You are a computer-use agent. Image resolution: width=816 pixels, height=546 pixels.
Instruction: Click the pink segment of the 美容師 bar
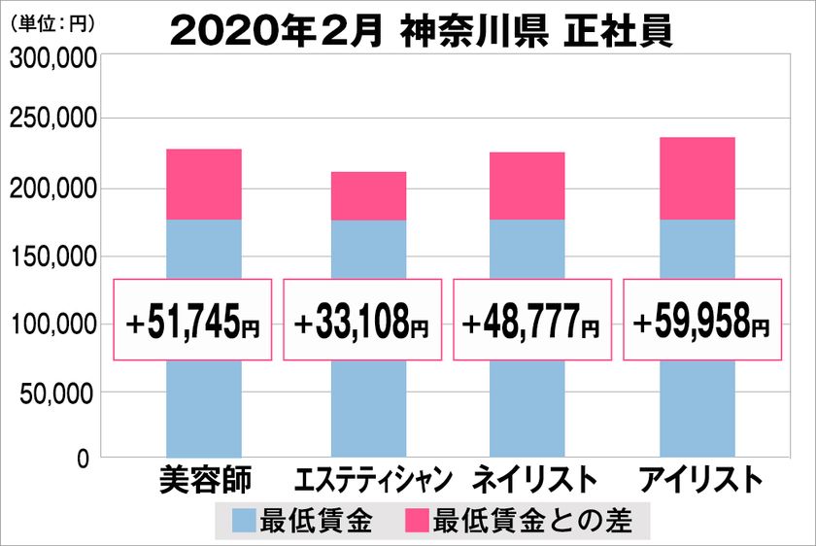click(203, 185)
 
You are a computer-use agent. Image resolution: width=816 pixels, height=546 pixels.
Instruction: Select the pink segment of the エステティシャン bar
click(368, 196)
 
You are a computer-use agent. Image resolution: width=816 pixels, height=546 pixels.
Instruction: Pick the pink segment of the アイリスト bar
click(697, 179)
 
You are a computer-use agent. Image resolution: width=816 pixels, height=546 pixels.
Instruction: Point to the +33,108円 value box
click(362, 320)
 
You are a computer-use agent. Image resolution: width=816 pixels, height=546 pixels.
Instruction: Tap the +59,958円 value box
click(700, 320)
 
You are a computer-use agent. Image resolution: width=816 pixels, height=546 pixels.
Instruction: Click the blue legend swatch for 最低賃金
click(245, 522)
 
